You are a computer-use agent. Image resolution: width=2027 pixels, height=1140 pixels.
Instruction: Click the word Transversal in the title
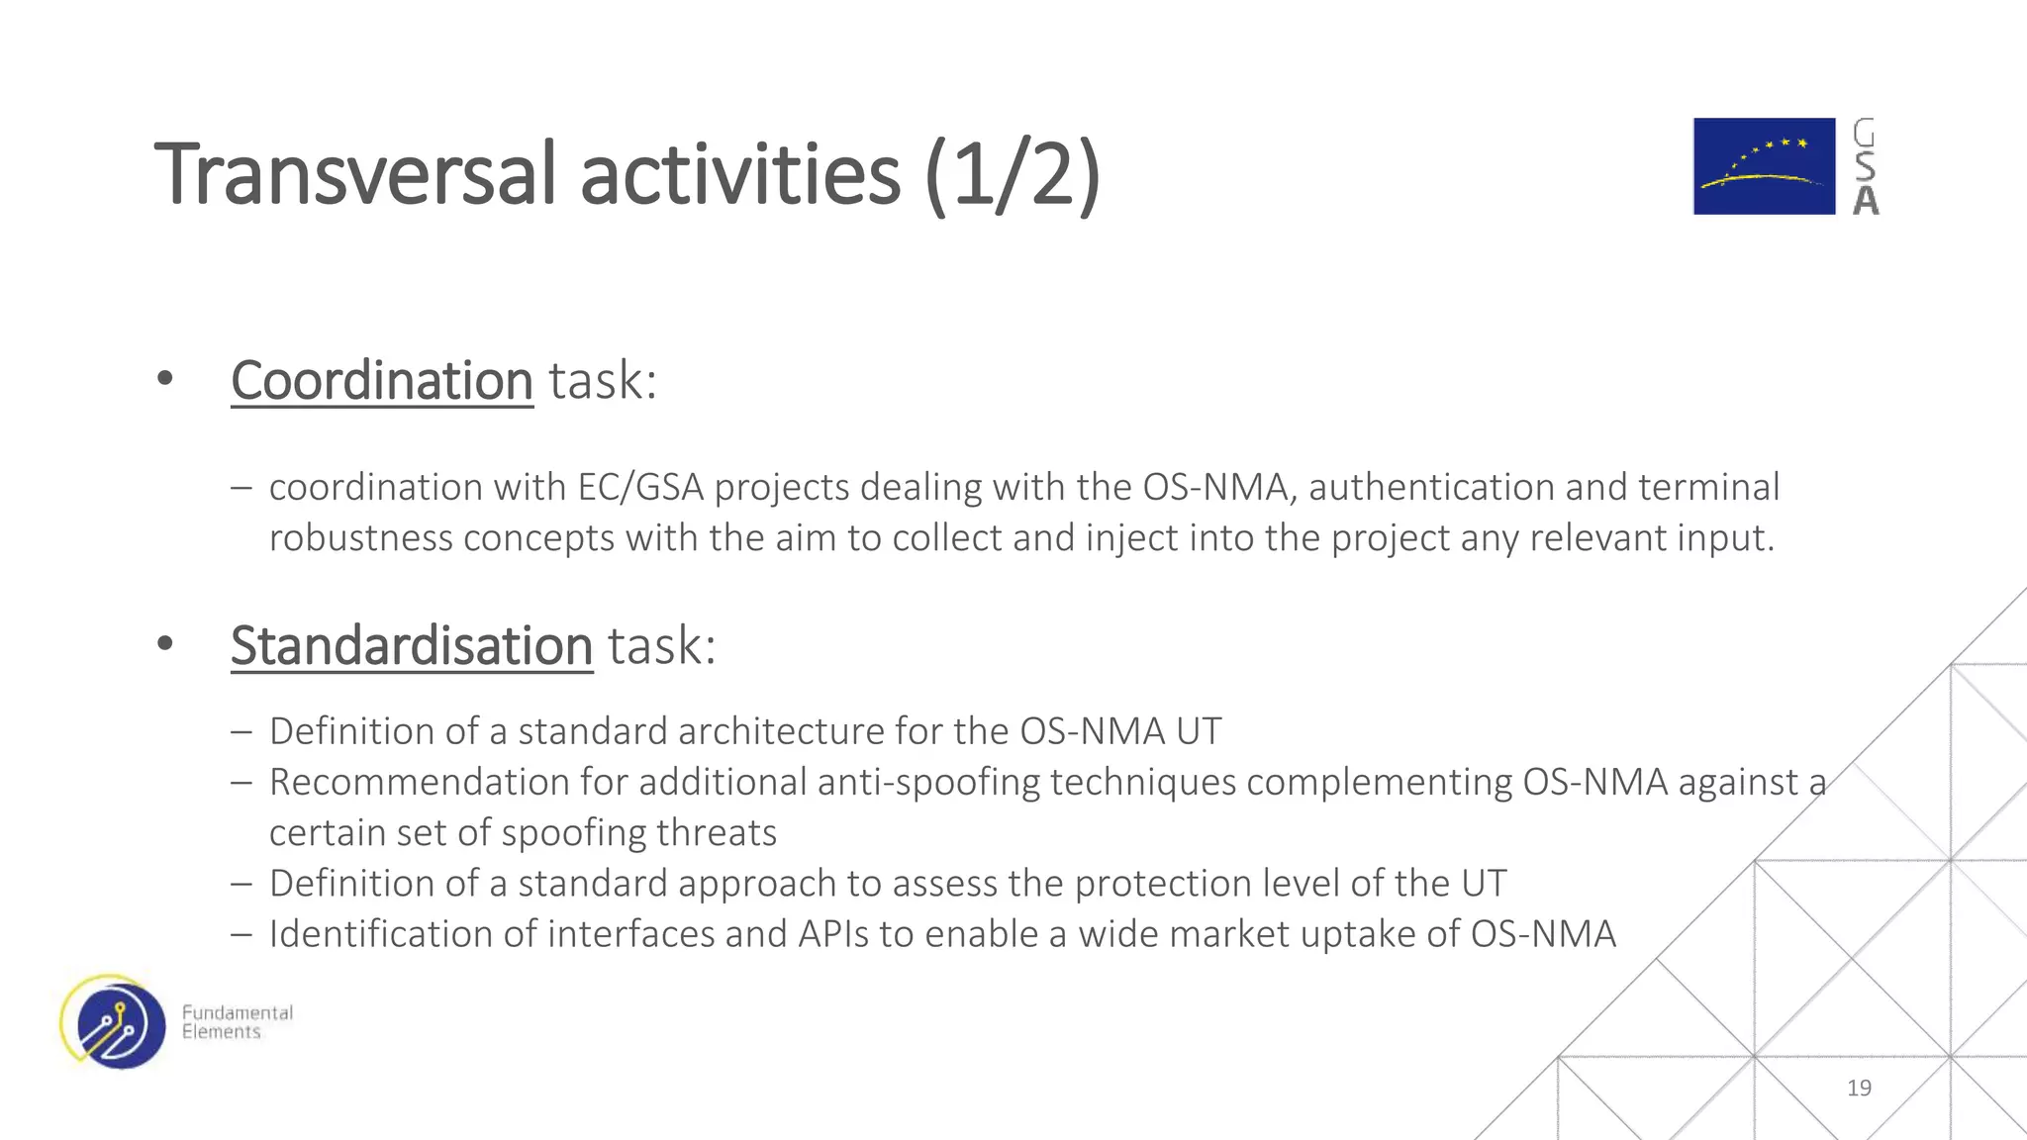click(356, 175)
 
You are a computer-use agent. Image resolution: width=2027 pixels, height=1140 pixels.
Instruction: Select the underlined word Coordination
click(382, 380)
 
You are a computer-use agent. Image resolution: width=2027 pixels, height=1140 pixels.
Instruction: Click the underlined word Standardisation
click(412, 646)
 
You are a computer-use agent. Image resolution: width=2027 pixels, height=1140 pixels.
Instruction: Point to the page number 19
click(1859, 1088)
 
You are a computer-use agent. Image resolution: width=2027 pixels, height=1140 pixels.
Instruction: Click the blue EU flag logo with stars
click(1763, 166)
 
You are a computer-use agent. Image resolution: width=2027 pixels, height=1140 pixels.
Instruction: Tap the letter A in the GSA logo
click(1866, 201)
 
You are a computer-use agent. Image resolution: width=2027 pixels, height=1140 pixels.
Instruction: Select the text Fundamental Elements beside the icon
click(237, 1022)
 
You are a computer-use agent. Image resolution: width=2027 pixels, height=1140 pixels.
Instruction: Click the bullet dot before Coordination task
click(165, 378)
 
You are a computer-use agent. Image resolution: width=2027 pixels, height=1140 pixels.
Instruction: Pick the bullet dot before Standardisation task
click(165, 644)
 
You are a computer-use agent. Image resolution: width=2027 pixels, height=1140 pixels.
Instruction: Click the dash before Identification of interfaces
click(241, 934)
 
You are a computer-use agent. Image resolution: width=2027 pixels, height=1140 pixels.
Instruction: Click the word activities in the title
click(740, 175)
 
